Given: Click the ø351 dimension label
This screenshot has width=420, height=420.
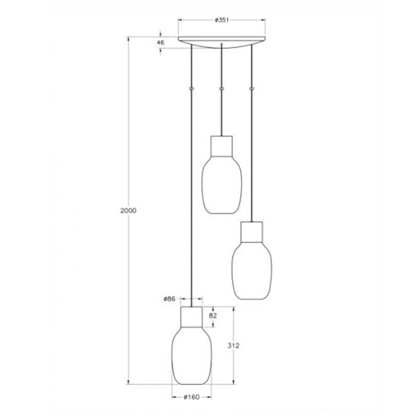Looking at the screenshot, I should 222,20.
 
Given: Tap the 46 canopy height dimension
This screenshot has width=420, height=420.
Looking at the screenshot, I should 161,43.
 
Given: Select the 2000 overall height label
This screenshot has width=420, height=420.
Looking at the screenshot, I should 128,211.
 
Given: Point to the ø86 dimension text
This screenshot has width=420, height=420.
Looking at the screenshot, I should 169,299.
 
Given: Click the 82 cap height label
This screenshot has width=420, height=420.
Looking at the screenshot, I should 213,316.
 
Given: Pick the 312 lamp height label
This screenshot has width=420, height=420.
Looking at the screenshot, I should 233,346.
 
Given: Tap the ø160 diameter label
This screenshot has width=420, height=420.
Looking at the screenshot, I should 191,397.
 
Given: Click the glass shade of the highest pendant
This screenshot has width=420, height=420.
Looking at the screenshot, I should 222,185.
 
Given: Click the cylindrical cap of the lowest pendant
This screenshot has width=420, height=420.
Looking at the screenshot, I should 191,316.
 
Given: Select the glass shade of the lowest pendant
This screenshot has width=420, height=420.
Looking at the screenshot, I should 191,357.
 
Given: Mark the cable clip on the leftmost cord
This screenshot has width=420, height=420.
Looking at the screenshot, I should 191,89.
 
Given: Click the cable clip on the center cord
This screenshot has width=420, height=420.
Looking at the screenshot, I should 221,89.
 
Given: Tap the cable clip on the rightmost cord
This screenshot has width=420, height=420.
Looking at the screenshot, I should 251,89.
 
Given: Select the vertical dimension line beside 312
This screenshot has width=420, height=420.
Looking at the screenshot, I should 233,329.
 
